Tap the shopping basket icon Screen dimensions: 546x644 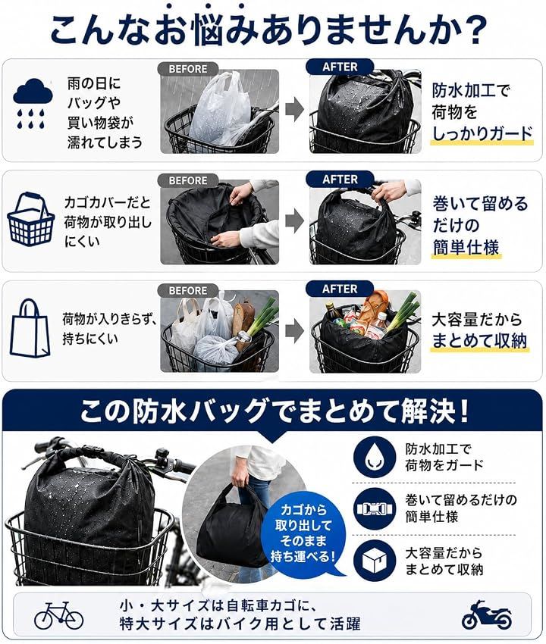31,219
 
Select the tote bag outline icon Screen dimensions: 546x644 30,328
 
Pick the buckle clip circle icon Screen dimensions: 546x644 374,509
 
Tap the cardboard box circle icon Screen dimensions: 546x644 374,560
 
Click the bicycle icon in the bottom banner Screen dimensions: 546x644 59,616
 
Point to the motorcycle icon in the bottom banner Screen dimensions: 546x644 487,615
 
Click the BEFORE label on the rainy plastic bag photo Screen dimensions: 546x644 188,69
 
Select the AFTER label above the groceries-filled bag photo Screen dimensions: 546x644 340,289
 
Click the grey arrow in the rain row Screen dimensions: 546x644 294,110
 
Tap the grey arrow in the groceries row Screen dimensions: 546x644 294,330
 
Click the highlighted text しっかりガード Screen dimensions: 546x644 482,134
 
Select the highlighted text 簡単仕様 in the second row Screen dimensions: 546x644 466,248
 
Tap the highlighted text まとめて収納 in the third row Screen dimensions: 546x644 479,341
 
